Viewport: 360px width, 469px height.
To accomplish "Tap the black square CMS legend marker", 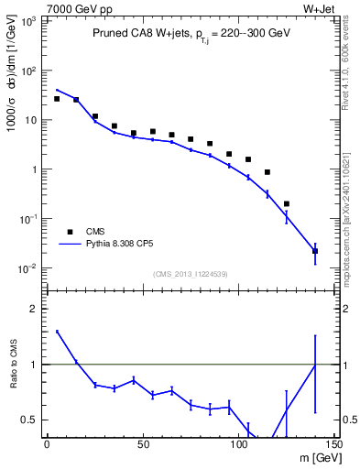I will coord(65,231).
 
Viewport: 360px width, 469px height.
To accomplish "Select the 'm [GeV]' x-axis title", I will coord(308,459).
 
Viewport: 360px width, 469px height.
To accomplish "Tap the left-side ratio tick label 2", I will coord(33,309).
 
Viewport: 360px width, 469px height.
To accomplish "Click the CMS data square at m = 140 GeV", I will coord(315,250).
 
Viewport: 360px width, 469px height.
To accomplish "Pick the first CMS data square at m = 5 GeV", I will coord(57,99).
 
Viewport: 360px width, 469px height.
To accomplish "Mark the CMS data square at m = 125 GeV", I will coord(287,203).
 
